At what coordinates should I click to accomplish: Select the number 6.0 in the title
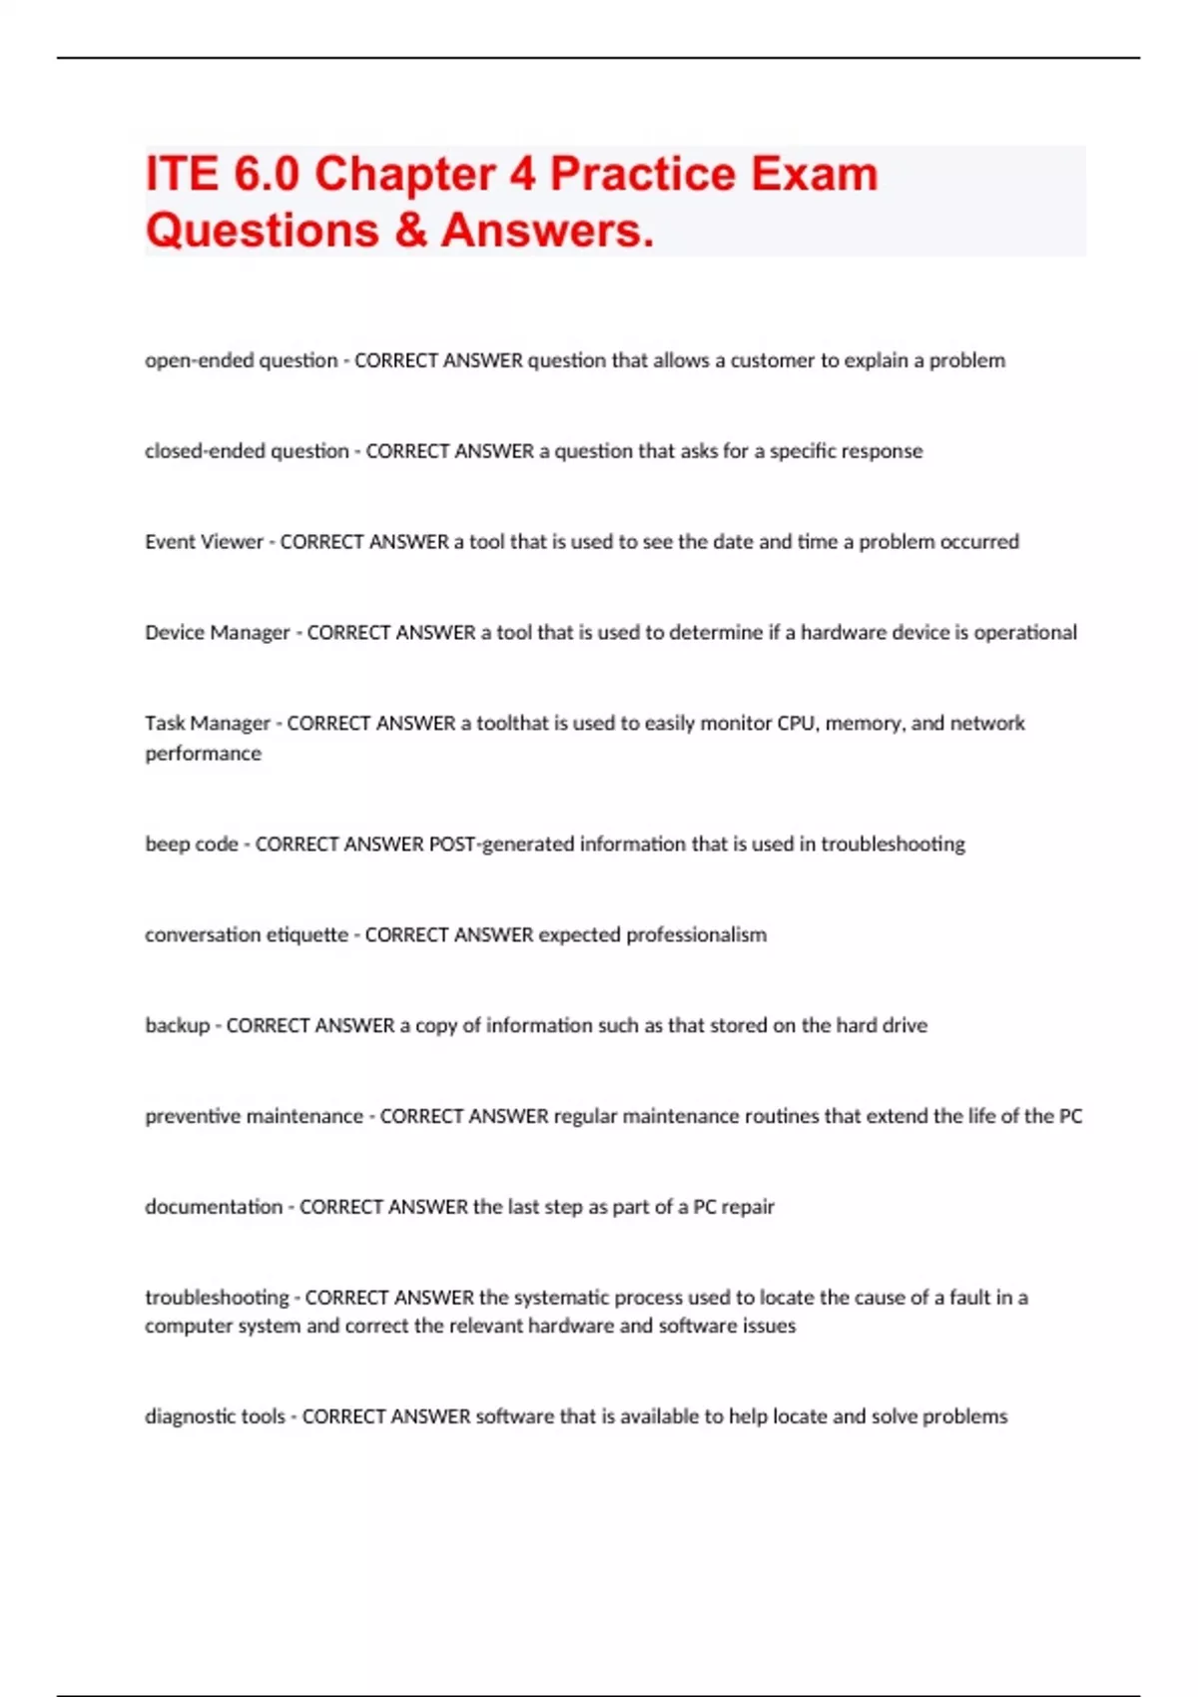pyautogui.click(x=267, y=175)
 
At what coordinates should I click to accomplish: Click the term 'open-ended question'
pyautogui.click(x=241, y=360)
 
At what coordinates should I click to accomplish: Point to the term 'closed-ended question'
pyautogui.click(x=247, y=451)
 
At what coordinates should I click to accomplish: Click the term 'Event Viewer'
pyautogui.click(x=204, y=542)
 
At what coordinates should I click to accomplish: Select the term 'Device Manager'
pyautogui.click(x=217, y=633)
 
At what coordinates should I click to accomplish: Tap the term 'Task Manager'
pyautogui.click(x=207, y=724)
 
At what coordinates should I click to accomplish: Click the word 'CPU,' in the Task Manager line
pyautogui.click(x=798, y=724)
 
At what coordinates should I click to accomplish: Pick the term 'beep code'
pyautogui.click(x=191, y=845)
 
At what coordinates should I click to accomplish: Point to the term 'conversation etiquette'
pyautogui.click(x=246, y=935)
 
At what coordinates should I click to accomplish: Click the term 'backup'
pyautogui.click(x=177, y=1026)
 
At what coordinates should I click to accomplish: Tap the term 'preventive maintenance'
pyautogui.click(x=254, y=1117)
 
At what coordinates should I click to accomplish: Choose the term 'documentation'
pyautogui.click(x=214, y=1207)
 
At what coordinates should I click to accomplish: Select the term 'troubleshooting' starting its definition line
pyautogui.click(x=217, y=1298)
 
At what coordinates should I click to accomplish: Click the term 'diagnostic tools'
pyautogui.click(x=215, y=1416)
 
